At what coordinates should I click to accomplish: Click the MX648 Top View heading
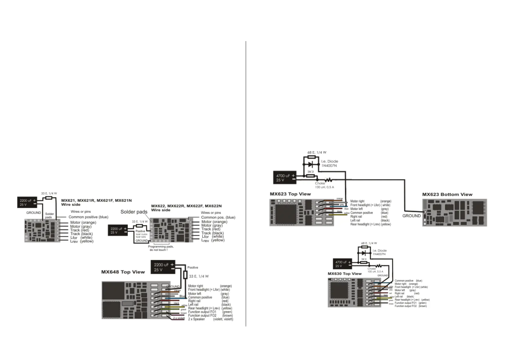tap(123, 272)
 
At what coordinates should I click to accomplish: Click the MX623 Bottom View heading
tap(447, 194)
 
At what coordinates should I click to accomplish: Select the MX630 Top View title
tap(345, 274)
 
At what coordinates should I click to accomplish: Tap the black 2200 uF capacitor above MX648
tap(163, 267)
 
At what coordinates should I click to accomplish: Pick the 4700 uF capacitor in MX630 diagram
tap(342, 264)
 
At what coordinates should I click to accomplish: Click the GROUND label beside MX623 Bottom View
tap(411, 216)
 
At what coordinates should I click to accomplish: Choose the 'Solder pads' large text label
tap(134, 212)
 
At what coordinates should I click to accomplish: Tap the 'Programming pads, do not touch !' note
tap(160, 248)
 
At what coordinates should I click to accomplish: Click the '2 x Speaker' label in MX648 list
tap(196, 319)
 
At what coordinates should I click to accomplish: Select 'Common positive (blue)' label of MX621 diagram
tap(88, 217)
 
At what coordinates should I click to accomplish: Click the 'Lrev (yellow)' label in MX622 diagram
tap(213, 240)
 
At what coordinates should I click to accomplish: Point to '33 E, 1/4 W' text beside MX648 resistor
tap(199, 276)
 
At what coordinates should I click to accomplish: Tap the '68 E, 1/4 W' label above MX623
tap(317, 152)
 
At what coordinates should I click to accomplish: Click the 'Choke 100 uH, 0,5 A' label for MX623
tap(324, 185)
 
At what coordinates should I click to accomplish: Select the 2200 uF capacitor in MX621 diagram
tap(27, 203)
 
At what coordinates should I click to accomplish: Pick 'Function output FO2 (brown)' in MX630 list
tap(410, 306)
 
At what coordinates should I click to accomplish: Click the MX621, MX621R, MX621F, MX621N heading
tap(96, 200)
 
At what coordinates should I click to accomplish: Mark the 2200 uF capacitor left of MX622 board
tap(118, 231)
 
